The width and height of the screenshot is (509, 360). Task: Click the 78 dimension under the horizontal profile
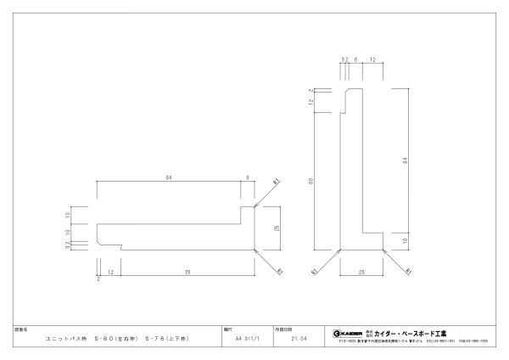point(186,272)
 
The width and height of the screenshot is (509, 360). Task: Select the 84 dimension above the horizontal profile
point(169,177)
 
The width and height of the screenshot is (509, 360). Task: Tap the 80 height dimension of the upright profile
point(313,180)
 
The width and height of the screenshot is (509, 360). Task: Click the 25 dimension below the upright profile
point(362,273)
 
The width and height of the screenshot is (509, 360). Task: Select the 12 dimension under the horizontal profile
point(110,272)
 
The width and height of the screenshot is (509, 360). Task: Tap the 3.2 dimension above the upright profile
point(344,59)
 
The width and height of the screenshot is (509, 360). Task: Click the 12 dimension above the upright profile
point(373,59)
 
